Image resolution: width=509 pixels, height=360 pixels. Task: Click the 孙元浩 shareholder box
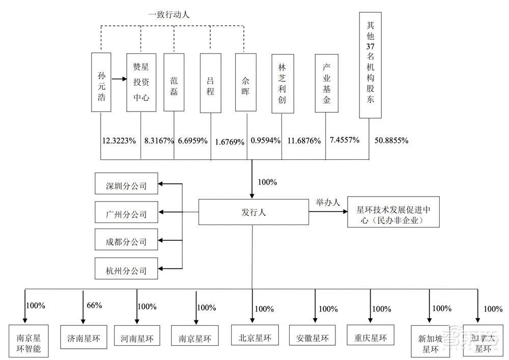[101, 82]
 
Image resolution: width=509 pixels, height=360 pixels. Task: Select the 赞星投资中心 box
[141, 82]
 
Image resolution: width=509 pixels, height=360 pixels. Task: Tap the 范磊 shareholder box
[174, 82]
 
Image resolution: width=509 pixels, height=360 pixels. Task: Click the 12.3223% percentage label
[119, 141]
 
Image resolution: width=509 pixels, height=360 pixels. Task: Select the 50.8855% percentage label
[391, 140]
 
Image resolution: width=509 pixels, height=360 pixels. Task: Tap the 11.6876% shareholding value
[304, 141]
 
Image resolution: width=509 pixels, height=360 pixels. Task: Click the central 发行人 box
[253, 212]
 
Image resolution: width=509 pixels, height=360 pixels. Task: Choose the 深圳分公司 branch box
[126, 186]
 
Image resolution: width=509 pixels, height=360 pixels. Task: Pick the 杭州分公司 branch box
[126, 270]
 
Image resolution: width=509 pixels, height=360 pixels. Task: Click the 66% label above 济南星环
[94, 306]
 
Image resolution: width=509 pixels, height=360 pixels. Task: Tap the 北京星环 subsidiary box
[253, 337]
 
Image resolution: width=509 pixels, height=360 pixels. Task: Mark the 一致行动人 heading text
[168, 15]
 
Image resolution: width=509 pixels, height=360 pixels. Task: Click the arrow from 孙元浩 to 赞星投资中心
[119, 79]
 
